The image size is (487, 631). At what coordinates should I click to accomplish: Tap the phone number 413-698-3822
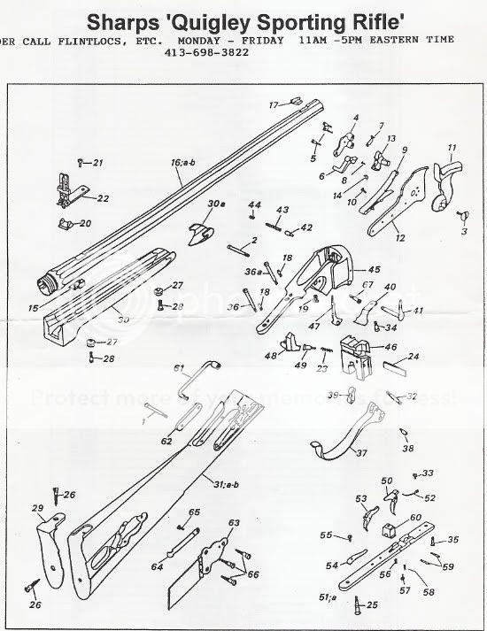tap(206, 52)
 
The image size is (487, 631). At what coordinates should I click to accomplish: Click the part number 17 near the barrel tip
tap(274, 104)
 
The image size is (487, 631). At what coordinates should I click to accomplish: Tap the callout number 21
tap(96, 163)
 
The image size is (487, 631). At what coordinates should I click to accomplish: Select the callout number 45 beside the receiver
tap(374, 269)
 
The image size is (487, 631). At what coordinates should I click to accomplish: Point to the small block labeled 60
tap(387, 530)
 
